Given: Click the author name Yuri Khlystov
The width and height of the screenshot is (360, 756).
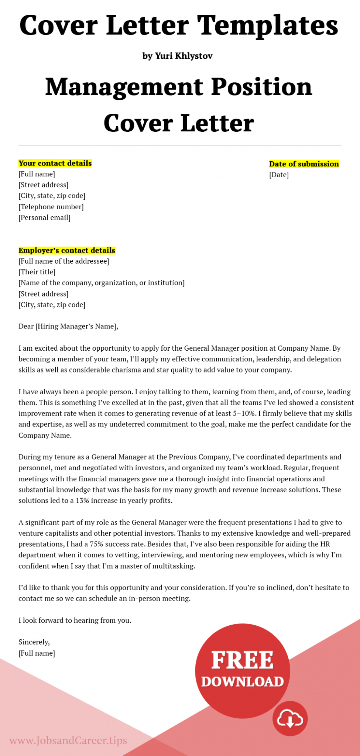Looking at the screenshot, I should point(184,56).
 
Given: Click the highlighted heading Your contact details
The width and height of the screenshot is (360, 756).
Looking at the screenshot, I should point(55,163).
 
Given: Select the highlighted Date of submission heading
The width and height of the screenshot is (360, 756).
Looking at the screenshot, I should point(304,164).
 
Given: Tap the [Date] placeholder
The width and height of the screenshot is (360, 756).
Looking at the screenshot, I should point(279,175).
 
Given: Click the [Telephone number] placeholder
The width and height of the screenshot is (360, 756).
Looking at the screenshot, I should point(51,207).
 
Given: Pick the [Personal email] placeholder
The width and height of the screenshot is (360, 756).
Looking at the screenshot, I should point(44,217).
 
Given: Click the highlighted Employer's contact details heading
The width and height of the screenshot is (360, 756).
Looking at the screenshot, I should point(67,250).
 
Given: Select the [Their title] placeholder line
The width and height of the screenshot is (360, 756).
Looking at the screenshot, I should point(37,272).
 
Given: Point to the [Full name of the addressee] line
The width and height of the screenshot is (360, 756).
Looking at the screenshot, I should point(64,261).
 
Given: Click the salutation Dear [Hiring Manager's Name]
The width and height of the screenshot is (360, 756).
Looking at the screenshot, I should point(68,326).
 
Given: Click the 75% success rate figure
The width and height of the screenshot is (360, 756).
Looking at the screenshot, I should point(96,544).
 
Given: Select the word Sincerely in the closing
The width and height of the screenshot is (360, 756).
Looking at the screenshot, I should point(34,642).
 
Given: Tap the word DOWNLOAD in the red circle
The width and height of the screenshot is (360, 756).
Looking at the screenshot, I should point(242,681).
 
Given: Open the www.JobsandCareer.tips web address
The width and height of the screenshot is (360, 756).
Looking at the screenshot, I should point(68,740).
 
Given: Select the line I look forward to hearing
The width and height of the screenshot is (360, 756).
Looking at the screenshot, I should point(75,620).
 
